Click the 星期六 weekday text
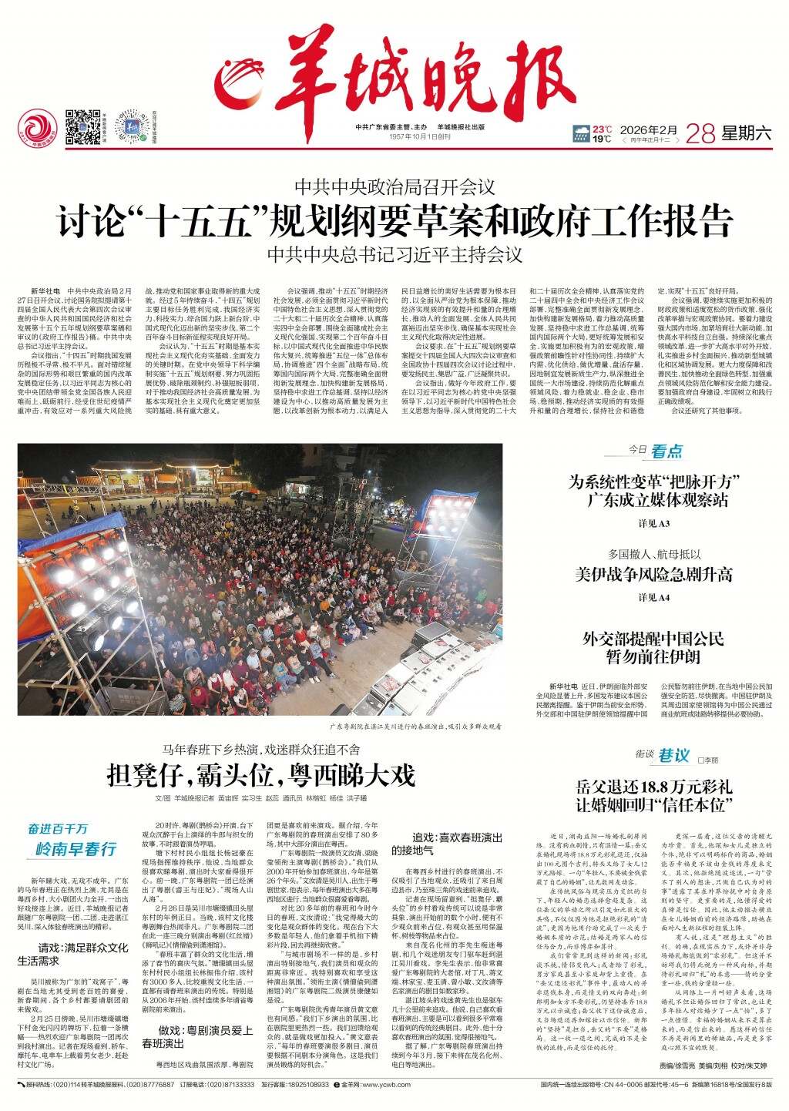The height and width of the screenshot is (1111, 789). pos(746,133)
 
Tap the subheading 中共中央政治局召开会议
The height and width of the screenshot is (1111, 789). pos(394,186)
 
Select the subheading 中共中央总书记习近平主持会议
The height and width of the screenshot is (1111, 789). pos(394,253)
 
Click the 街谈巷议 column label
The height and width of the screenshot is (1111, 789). pos(663,756)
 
